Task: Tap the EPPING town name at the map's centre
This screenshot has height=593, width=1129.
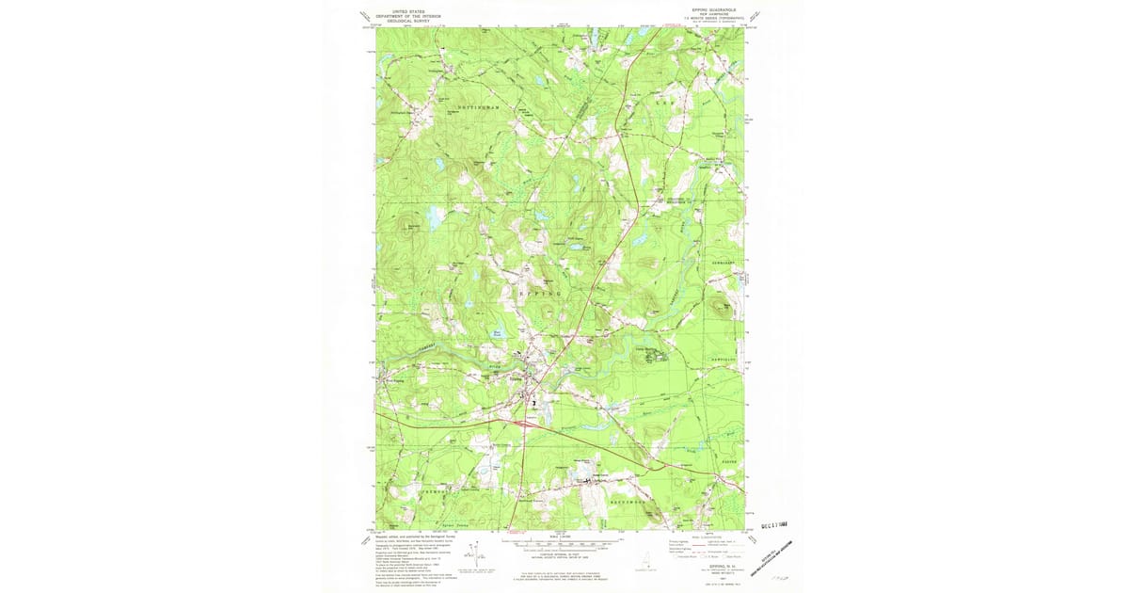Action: coord(537,294)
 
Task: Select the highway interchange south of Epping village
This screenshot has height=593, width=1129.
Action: coord(525,423)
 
